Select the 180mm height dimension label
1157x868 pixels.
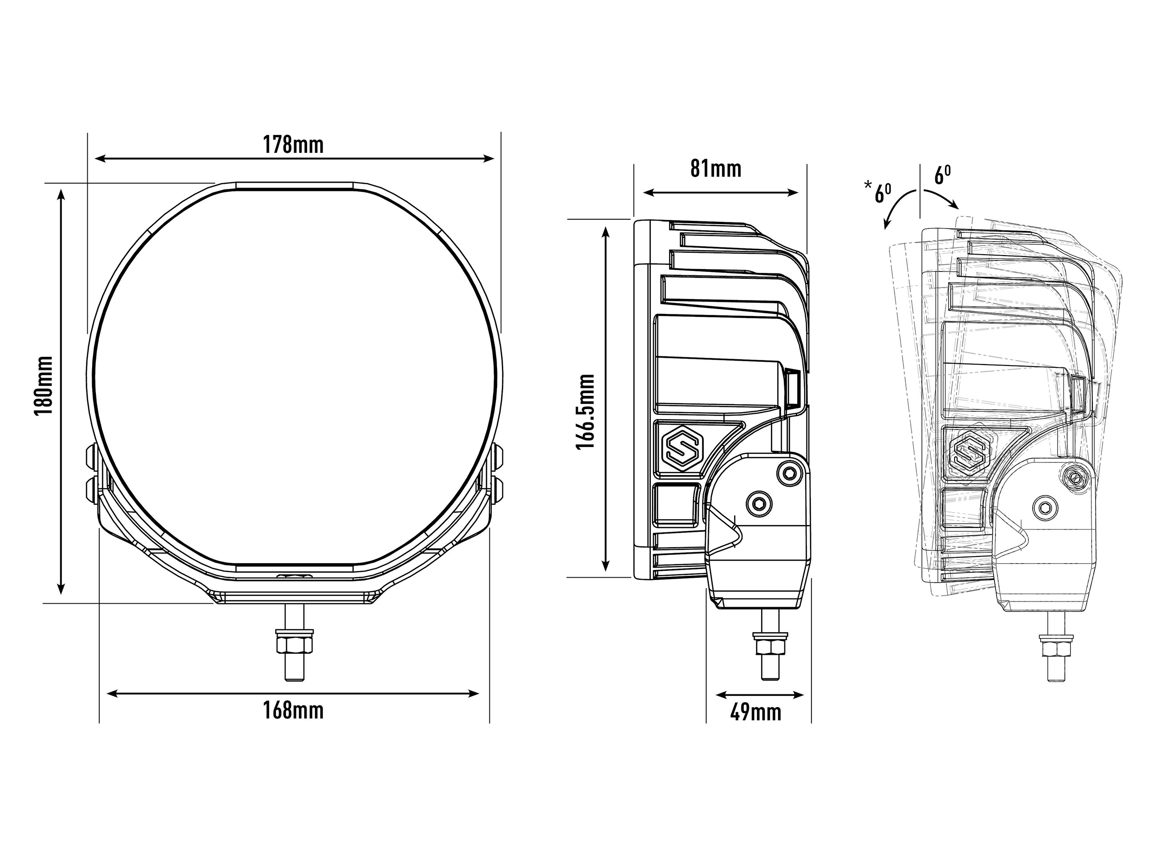click(x=44, y=386)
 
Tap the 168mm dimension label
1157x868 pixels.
click(x=293, y=710)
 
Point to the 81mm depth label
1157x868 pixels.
click(x=715, y=168)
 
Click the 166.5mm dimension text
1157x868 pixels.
click(x=585, y=412)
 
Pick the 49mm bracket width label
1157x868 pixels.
click(x=755, y=712)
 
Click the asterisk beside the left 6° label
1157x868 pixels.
click(x=868, y=184)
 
